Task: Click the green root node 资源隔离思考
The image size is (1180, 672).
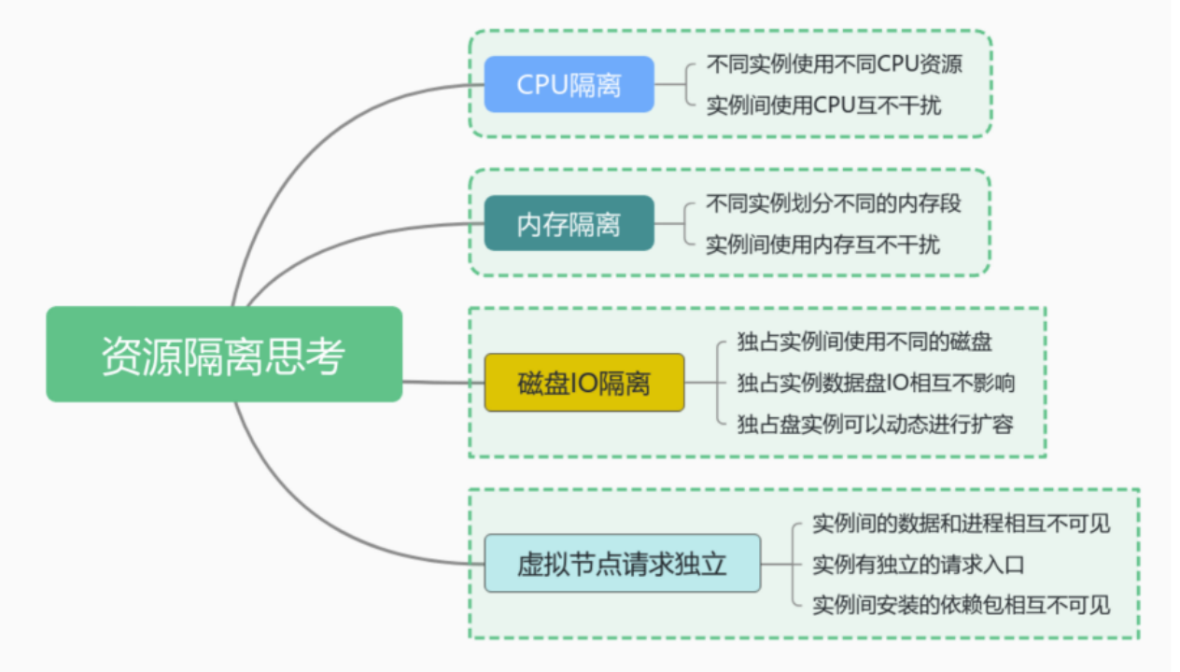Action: coord(224,355)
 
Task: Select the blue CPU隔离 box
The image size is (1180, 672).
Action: coord(569,84)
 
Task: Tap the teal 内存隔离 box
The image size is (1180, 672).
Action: coord(569,224)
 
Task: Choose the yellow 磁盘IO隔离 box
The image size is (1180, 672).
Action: coord(583,383)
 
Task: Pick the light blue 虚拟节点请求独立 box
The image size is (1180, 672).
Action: coord(622,564)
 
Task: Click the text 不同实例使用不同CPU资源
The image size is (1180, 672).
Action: coord(834,64)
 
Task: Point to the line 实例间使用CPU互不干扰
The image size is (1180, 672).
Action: coord(823,105)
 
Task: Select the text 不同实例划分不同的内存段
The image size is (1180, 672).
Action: coord(834,203)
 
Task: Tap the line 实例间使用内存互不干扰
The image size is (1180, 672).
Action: coord(822,245)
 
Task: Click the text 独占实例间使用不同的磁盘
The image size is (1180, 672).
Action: coord(864,342)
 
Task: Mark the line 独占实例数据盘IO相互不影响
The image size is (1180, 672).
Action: coord(876,383)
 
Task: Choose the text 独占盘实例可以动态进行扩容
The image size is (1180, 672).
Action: coord(875,424)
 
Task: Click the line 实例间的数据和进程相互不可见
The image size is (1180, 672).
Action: coord(962,524)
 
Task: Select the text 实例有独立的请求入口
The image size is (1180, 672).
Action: coord(919,565)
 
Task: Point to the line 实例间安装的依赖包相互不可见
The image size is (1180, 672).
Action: coord(962,605)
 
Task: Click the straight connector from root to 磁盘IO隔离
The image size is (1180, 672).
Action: coord(443,382)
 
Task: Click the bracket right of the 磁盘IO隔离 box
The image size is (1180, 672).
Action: coord(718,383)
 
